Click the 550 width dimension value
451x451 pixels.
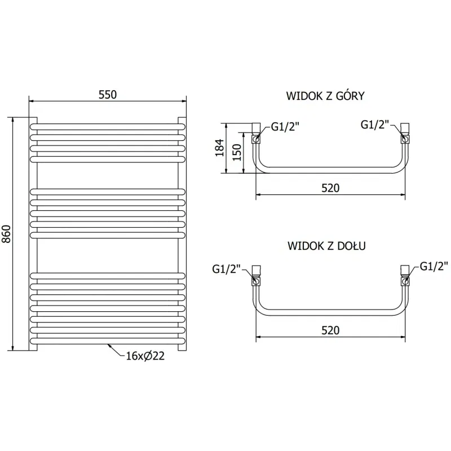click(107, 95)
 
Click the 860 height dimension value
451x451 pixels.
click(7, 233)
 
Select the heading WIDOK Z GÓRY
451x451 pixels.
click(325, 96)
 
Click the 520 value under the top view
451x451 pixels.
click(330, 188)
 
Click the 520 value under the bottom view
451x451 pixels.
click(330, 330)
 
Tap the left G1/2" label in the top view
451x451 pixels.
click(285, 127)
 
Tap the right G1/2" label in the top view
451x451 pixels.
click(375, 125)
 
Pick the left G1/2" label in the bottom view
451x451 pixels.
click(227, 269)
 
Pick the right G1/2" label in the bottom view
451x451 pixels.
click(434, 266)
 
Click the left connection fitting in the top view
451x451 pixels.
click(256, 134)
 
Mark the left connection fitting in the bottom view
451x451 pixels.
click(256, 276)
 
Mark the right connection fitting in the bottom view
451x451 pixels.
click(405, 276)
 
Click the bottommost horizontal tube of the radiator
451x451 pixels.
click(107, 341)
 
